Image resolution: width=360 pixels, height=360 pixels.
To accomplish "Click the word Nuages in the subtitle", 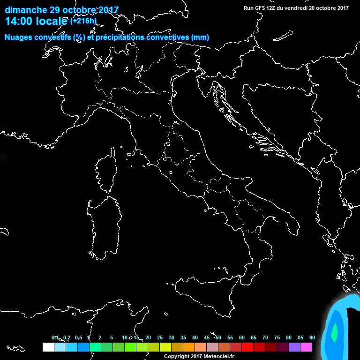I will [x=19, y=37].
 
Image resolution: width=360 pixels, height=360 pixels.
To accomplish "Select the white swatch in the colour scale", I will [x=48, y=347].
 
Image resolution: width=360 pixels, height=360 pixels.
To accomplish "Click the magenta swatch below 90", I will [x=306, y=347].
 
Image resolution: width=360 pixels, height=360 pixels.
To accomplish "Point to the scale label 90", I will [x=312, y=337].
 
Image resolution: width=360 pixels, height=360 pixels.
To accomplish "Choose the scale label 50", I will [x=218, y=337].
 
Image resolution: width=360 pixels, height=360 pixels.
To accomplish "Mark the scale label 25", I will [x=159, y=337].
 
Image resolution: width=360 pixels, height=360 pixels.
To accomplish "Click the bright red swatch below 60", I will [x=247, y=347].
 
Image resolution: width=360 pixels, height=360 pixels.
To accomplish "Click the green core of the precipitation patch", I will [x=334, y=333].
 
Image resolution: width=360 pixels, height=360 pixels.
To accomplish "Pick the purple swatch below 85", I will [x=294, y=347].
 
